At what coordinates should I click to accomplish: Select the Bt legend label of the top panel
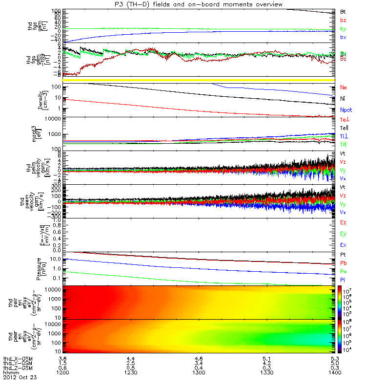[x=343, y=11]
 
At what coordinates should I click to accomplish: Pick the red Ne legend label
[x=344, y=87]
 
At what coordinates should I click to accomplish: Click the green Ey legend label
[x=344, y=234]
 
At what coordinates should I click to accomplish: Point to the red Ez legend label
[x=344, y=223]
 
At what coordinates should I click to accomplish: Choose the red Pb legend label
[x=344, y=263]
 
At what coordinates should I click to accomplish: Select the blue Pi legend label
[x=343, y=280]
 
